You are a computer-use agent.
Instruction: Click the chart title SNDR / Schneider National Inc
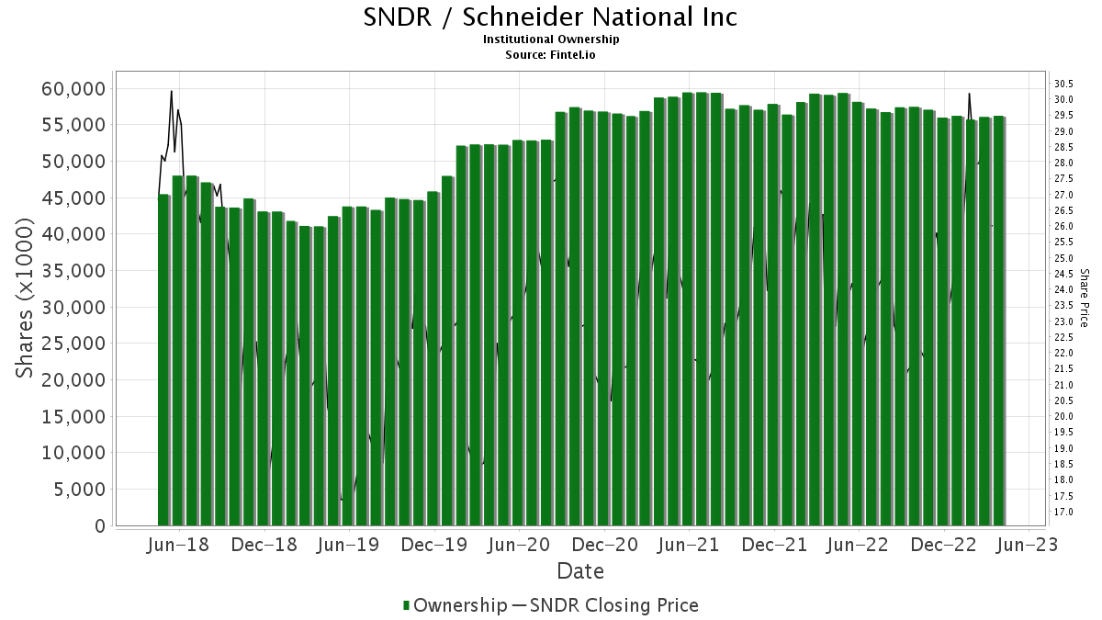tap(551, 17)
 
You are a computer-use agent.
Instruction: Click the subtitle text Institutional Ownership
tap(551, 39)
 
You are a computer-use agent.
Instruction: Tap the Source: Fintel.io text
tap(551, 54)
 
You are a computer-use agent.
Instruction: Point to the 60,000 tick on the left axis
tap(74, 88)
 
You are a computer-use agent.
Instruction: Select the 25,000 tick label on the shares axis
tap(74, 344)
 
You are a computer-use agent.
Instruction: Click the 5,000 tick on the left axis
tap(80, 490)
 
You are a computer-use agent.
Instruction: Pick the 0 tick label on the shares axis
tap(100, 526)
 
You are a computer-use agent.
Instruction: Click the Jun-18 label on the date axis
tap(178, 545)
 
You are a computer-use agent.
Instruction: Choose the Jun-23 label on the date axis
tap(1029, 545)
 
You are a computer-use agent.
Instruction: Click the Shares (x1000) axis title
tap(25, 298)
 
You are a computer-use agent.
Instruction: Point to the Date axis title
tap(580, 571)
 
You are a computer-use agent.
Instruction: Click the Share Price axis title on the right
tap(1084, 298)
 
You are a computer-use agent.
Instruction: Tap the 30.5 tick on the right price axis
tap(1064, 84)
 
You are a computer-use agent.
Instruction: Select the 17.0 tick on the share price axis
tap(1064, 512)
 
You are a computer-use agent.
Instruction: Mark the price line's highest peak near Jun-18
tap(172, 91)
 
